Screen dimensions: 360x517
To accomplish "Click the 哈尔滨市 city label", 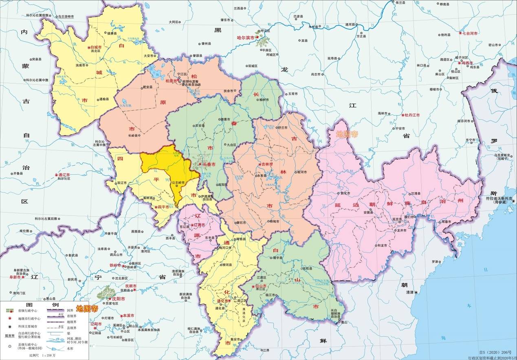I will [246, 38].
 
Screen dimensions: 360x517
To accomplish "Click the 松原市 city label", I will [171, 81].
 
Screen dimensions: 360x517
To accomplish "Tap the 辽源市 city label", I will [198, 224].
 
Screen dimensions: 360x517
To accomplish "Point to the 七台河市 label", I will [468, 33].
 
